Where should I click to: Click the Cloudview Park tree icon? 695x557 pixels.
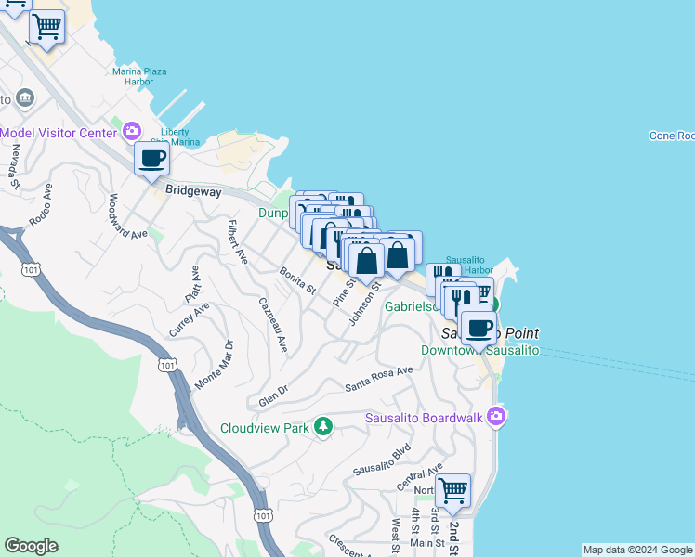coord(322,427)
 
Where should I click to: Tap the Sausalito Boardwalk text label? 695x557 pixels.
coord(423,418)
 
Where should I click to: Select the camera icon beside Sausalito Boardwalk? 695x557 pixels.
coord(497,417)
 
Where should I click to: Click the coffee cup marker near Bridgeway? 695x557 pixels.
coord(152,159)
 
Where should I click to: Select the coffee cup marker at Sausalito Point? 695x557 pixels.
coord(479,329)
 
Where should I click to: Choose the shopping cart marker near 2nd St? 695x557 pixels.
coord(452,489)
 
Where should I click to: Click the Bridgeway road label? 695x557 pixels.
coord(193,189)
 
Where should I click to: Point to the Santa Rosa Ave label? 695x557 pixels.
coord(378,378)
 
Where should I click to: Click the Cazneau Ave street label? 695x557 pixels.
coord(273,325)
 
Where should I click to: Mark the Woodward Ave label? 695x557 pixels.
coord(127,216)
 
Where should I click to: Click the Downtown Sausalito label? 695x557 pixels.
coord(479,350)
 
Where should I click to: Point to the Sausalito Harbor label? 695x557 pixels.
coord(469,264)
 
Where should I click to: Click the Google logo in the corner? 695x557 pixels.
coord(31,546)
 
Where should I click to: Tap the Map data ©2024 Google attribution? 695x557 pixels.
coord(636,550)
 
